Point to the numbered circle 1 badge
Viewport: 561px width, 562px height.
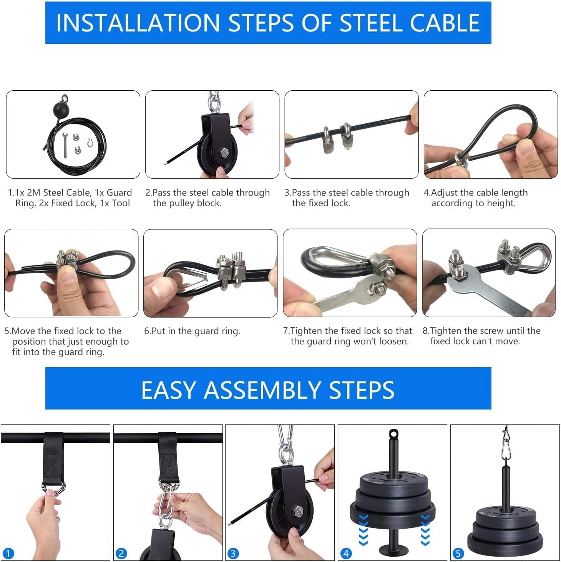[x=8, y=554]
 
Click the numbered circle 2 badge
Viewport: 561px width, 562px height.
[x=121, y=554]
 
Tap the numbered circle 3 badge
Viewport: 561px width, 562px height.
[x=232, y=554]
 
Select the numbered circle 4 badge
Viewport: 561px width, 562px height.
[x=346, y=554]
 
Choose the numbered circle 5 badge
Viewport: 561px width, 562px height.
[x=458, y=554]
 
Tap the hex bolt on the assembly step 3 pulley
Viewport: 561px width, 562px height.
[x=298, y=511]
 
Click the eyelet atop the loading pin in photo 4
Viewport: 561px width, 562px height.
[x=393, y=434]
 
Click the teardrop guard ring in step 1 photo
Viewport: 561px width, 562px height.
[x=90, y=142]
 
